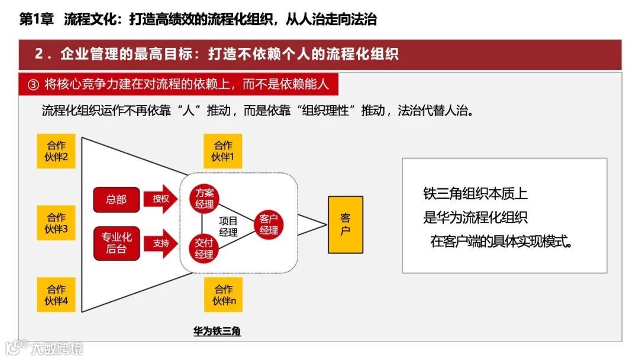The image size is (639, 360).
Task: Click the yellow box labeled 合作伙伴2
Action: tap(56, 151)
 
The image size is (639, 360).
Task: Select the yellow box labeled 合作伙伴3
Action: tap(56, 223)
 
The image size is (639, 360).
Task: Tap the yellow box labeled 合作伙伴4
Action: tap(56, 295)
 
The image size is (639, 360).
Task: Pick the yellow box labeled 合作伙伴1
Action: tap(223, 151)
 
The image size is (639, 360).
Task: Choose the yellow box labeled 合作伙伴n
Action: tap(223, 295)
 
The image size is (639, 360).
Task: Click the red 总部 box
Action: tap(116, 200)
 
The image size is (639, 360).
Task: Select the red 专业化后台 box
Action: tap(116, 243)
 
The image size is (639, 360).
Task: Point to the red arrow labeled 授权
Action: tap(160, 199)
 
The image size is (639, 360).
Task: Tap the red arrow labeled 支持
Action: tap(160, 243)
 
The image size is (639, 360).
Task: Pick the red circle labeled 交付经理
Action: tap(204, 248)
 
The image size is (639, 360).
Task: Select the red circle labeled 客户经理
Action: tap(269, 224)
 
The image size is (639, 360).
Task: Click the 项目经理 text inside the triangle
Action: tap(228, 226)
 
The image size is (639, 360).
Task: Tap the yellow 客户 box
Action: tap(345, 224)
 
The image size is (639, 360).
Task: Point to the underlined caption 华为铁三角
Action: tap(217, 332)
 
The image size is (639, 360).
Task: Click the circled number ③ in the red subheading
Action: tap(33, 85)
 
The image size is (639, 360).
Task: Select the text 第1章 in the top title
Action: tap(37, 20)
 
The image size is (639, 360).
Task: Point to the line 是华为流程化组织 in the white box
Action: tap(475, 217)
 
